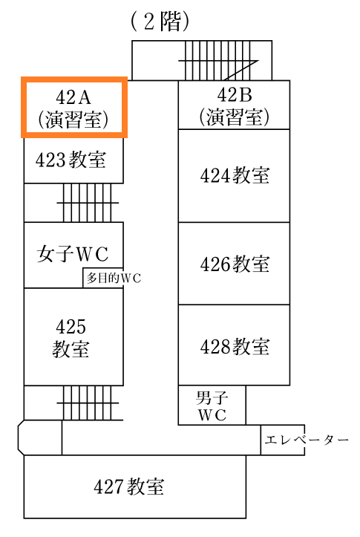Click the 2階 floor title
[160, 22]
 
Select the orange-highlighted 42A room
[74, 107]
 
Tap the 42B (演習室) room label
[235, 106]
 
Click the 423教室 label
[71, 160]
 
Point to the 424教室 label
[235, 175]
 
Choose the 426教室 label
[235, 264]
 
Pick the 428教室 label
[235, 346]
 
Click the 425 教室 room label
[71, 338]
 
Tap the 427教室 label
[129, 486]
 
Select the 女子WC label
[73, 254]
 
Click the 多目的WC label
[114, 278]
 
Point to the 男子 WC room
[212, 405]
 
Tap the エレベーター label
[307, 440]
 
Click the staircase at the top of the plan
[218, 61]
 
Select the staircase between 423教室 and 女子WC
[88, 203]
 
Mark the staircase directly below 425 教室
[90, 403]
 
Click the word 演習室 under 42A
[73, 120]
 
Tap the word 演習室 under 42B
[235, 117]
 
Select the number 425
[71, 326]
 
